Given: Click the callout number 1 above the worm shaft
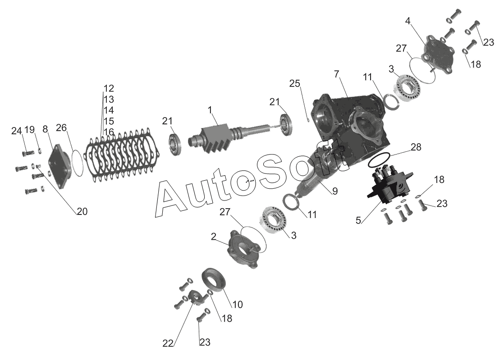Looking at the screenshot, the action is (210, 110).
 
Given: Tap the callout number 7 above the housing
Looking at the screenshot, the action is (337, 74).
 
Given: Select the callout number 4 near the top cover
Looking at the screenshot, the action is (407, 21).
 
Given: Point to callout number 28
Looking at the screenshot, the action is (416, 147).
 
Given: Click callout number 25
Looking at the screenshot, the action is (295, 83).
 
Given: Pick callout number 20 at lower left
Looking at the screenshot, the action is (82, 211).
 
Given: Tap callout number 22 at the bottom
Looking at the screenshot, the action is (168, 343).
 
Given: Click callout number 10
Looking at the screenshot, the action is (238, 304).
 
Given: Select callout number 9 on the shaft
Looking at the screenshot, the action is (334, 191).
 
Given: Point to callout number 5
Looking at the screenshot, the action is (358, 220).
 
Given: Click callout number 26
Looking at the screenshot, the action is (61, 128).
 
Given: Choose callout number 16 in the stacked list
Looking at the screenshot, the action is (109, 132).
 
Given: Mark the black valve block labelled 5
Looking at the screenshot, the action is (390, 184).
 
